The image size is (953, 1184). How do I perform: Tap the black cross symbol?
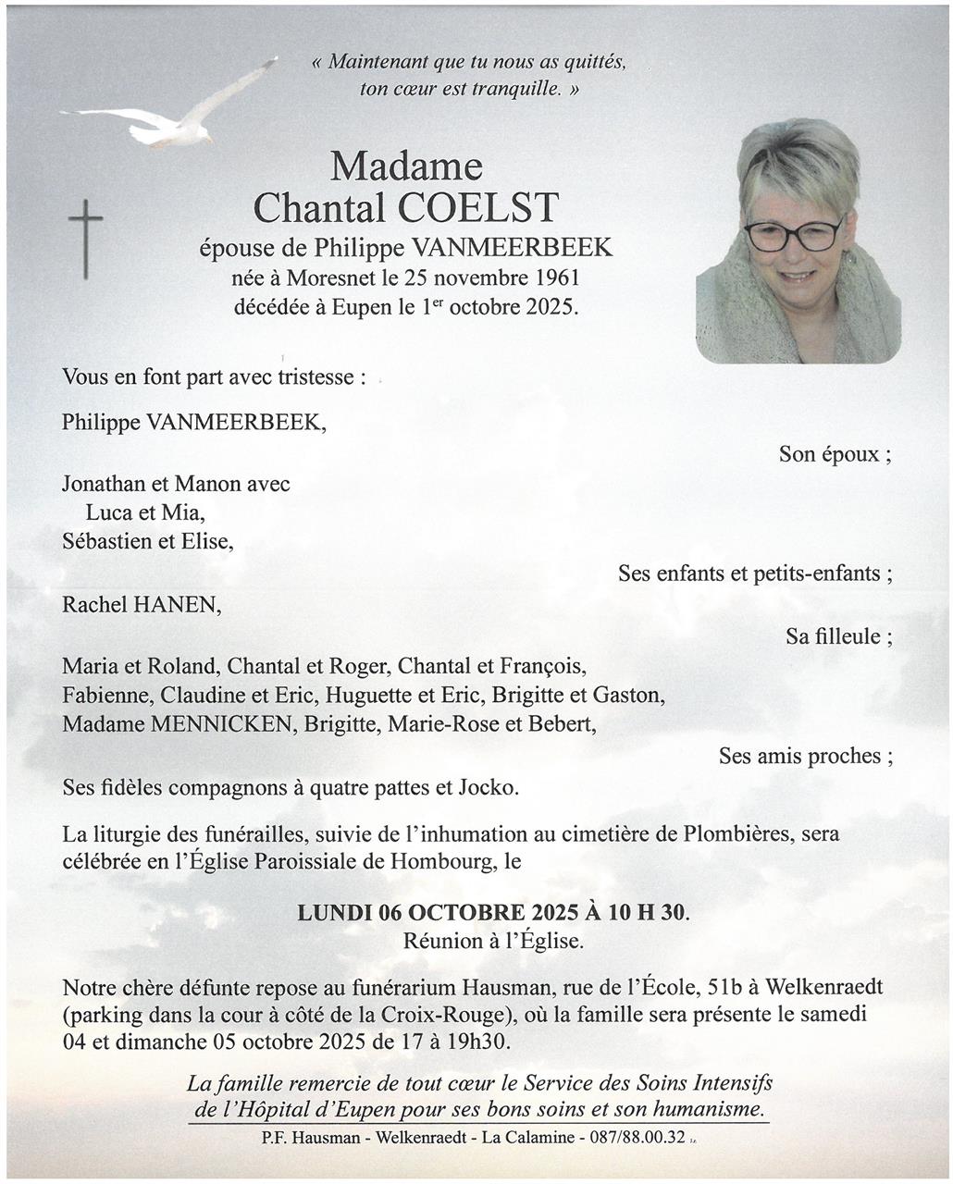[x=85, y=239]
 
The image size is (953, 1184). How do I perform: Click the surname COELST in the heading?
[x=478, y=207]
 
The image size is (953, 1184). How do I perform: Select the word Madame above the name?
[x=406, y=166]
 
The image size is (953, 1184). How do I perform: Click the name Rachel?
[x=95, y=605]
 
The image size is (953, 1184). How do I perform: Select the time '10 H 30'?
[x=647, y=913]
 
